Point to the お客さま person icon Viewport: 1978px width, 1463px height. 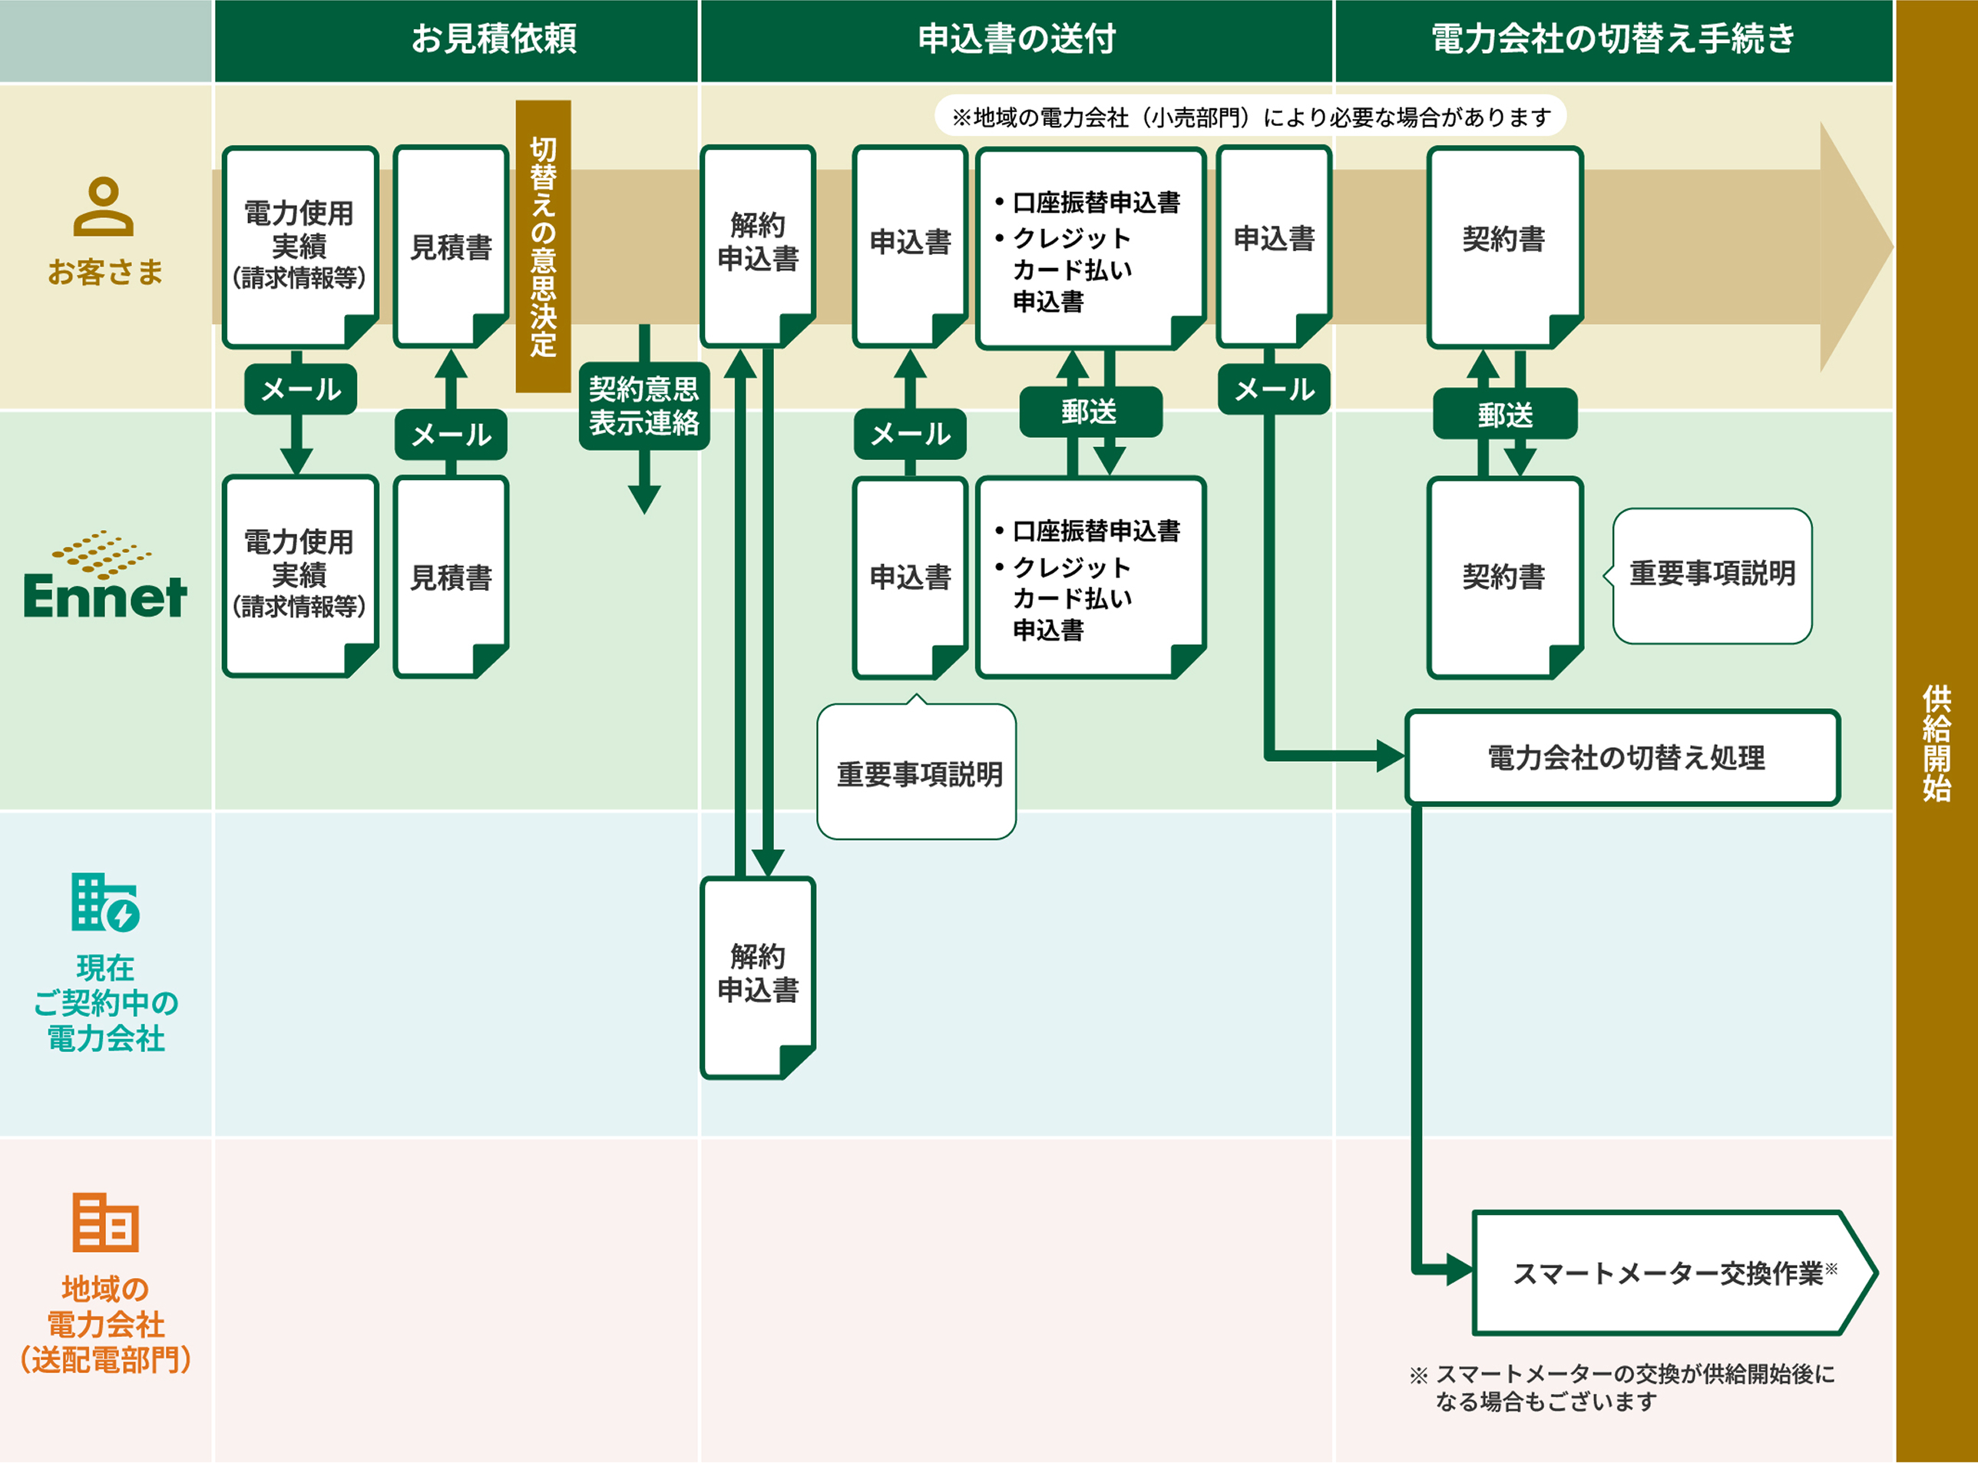(x=104, y=207)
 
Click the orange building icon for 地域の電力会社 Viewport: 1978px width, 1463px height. (x=104, y=1221)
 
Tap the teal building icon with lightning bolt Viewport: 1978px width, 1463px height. (x=104, y=902)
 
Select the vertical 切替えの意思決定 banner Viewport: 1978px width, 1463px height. (x=543, y=247)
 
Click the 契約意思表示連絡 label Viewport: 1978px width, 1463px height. (x=643, y=405)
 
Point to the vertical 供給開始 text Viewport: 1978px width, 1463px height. (x=1937, y=742)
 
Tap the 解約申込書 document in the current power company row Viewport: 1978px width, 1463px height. (x=757, y=976)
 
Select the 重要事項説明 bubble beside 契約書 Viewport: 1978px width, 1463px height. (x=1712, y=574)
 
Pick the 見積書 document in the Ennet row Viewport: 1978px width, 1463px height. (x=451, y=578)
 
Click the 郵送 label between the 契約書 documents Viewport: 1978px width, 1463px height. (x=1504, y=414)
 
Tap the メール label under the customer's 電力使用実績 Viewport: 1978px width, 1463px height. (x=300, y=389)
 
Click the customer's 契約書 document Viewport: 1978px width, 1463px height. (x=1503, y=247)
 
